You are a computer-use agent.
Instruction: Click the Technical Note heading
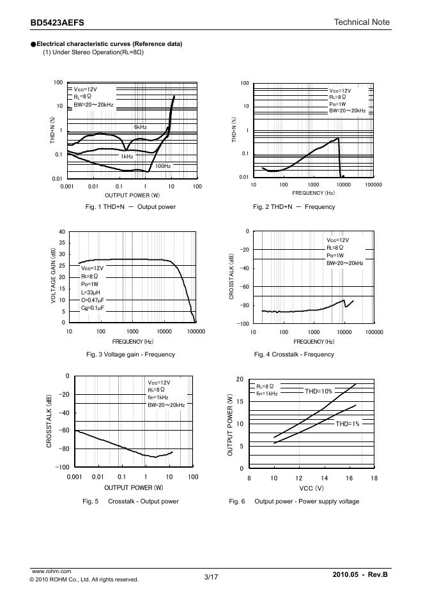[362, 22]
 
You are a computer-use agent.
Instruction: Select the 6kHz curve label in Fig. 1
[141, 127]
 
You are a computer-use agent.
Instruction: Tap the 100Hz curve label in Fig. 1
[162, 166]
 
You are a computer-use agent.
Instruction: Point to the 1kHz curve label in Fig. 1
[127, 157]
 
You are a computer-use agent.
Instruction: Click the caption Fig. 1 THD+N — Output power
[130, 207]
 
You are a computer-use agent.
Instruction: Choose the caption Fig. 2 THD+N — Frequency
[293, 207]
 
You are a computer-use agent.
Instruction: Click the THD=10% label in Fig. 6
[319, 391]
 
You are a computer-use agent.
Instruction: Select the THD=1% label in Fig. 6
[348, 424]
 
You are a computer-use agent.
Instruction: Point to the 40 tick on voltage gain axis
[61, 231]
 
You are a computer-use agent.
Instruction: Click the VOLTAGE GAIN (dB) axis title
[53, 277]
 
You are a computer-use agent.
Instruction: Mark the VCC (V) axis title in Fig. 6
[312, 487]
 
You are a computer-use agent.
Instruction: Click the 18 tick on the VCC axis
[374, 478]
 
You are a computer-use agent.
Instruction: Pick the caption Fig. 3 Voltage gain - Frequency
[130, 355]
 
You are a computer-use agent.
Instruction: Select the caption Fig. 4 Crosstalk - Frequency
[293, 355]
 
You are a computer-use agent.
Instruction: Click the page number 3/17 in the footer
[211, 578]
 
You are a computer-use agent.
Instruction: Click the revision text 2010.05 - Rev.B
[360, 576]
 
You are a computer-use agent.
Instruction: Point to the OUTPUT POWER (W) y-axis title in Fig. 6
[231, 424]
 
